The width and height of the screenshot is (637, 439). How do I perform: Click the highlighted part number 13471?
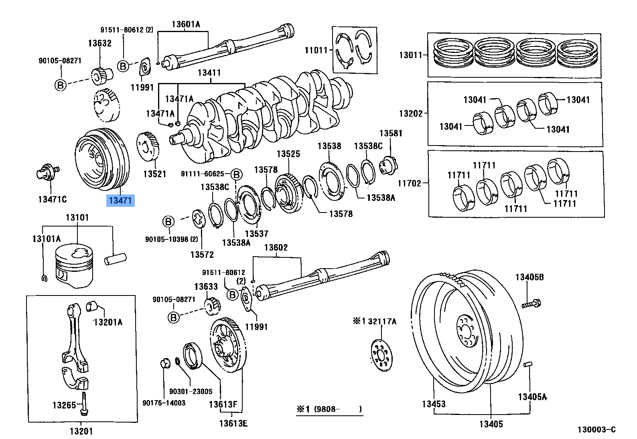[x=120, y=200]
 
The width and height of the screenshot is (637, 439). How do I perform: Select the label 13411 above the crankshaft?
[x=209, y=73]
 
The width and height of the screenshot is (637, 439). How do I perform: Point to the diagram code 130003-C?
[x=596, y=430]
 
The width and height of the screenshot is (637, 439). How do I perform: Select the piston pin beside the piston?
[x=115, y=259]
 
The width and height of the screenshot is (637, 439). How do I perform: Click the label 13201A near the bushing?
[x=108, y=322]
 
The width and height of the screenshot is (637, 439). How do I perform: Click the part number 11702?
[x=409, y=183]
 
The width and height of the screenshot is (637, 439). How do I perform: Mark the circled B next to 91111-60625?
[x=237, y=174]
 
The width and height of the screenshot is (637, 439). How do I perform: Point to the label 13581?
[x=390, y=134]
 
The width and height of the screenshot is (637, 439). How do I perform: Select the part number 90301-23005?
[x=191, y=391]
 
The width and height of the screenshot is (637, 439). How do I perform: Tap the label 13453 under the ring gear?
[x=434, y=404]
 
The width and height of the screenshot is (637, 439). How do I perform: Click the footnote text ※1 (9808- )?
[x=329, y=409]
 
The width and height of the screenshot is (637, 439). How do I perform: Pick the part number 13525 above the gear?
[x=288, y=154]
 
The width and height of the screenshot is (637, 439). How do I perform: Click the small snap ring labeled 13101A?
[x=44, y=278]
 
